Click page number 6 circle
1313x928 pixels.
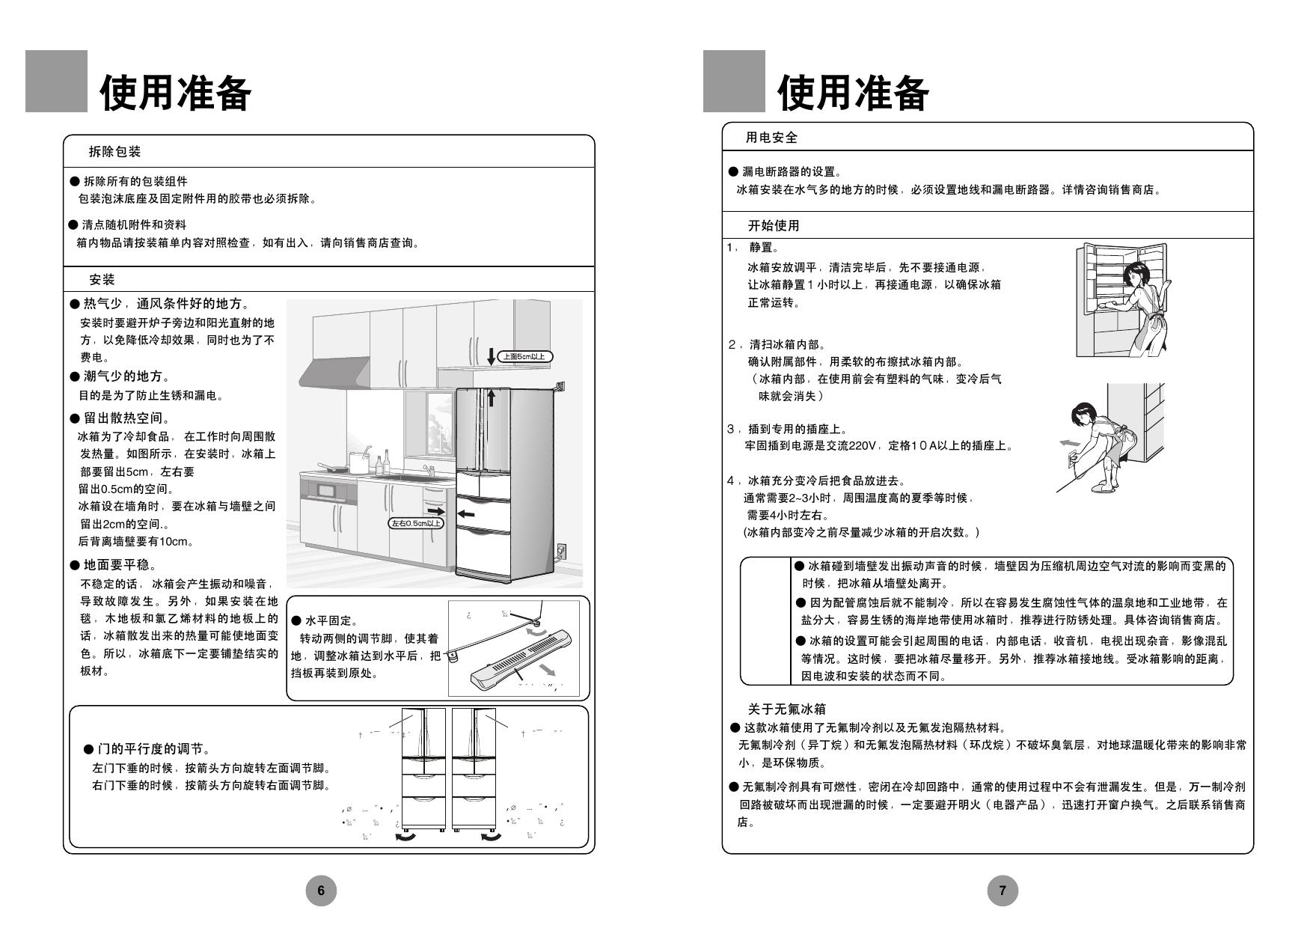pos(321,890)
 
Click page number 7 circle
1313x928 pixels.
pos(1003,890)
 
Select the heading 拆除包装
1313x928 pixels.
pos(114,152)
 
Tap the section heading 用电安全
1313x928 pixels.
pos(771,138)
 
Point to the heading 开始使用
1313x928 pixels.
pos(774,225)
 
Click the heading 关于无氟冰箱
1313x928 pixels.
pos(786,709)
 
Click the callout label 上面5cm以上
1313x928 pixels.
pos(524,357)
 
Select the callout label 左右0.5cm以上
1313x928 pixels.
pos(415,523)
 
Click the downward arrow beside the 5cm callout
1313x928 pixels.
pos(491,356)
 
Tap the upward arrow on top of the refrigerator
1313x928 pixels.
pos(491,397)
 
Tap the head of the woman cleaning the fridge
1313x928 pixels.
pos(1135,272)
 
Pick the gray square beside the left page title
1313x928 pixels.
pos(56,82)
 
